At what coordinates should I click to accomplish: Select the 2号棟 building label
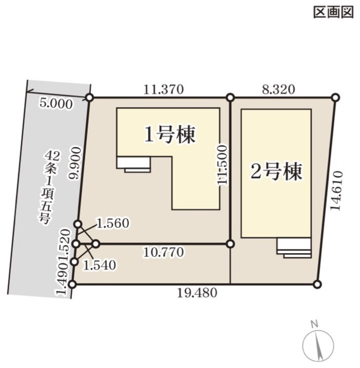(x=276, y=171)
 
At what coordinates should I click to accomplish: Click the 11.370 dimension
(x=163, y=89)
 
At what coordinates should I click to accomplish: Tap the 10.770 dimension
(x=163, y=252)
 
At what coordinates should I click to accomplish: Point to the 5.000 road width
(x=55, y=103)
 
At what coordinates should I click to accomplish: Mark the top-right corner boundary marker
(x=335, y=98)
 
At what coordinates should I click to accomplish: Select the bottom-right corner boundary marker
(x=317, y=284)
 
